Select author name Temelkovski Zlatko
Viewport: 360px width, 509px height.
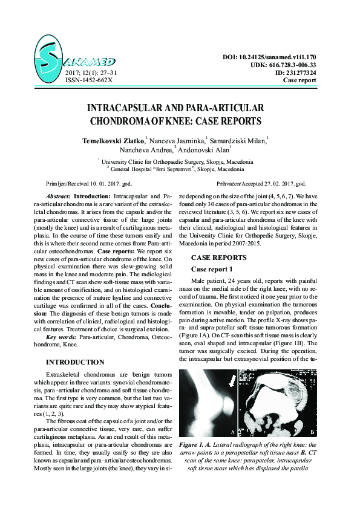point(114,140)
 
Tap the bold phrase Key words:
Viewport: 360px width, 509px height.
point(61,336)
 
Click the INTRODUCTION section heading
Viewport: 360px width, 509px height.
point(75,362)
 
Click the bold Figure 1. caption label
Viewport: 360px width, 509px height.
point(198,445)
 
